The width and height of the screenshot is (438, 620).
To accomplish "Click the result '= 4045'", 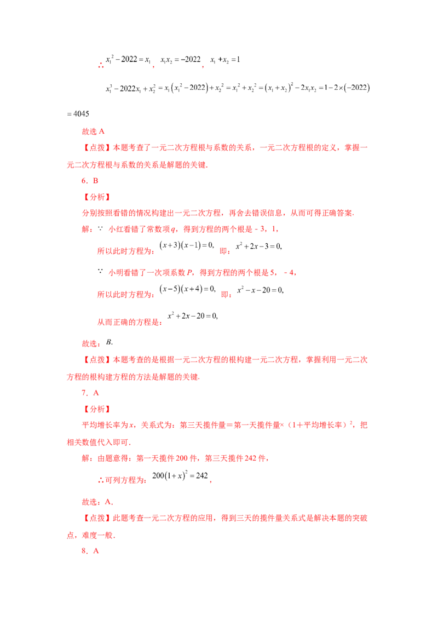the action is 78,114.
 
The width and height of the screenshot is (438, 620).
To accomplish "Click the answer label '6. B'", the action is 90,181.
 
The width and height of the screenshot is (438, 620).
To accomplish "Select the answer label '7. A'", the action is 90,393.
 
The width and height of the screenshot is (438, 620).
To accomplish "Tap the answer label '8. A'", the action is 90,551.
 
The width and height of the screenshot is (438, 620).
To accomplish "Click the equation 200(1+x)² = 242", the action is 180,475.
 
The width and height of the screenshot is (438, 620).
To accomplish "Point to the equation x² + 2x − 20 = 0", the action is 193,315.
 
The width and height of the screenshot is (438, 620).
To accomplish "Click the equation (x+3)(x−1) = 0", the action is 187,245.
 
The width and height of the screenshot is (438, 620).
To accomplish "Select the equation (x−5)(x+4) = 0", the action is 187,289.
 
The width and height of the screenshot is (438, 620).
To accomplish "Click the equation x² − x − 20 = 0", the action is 260,290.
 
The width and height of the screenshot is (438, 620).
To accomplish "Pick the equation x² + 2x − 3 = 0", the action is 258,246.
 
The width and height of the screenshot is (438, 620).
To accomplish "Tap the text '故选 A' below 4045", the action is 93,131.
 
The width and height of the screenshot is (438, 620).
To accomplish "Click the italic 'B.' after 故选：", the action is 109,342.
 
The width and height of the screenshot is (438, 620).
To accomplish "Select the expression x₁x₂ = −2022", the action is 180,60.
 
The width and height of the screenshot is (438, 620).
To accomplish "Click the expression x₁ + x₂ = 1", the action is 225,60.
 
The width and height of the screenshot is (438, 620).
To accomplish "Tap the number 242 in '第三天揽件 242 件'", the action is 251,458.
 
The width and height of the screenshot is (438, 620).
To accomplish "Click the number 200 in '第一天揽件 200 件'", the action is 182,458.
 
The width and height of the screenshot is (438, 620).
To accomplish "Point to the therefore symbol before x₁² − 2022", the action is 101,65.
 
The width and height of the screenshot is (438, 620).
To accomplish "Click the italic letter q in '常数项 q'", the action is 173,229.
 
